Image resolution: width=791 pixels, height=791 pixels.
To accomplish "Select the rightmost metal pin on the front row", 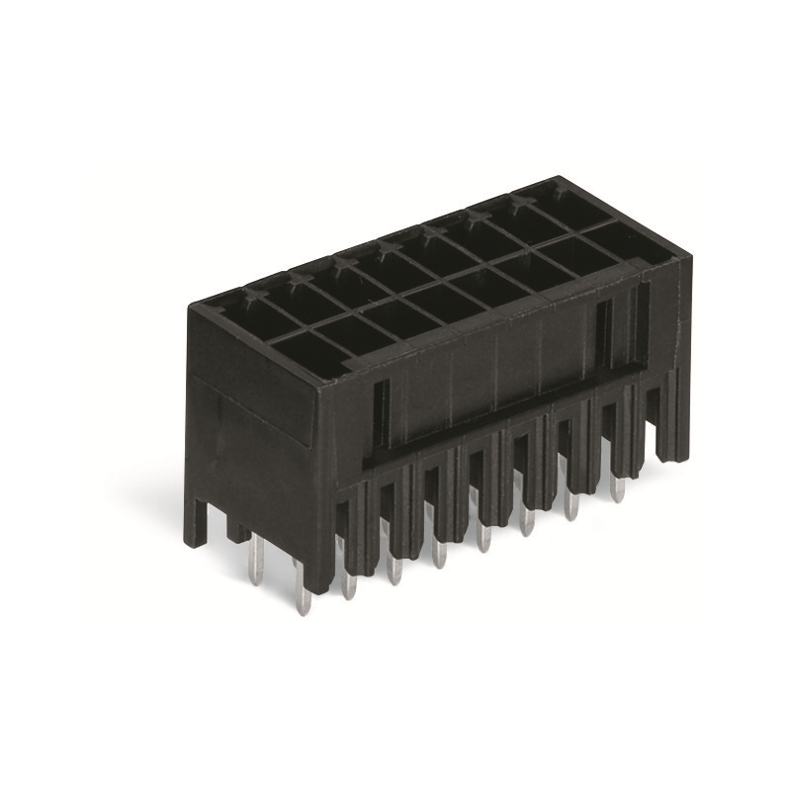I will point(618,483).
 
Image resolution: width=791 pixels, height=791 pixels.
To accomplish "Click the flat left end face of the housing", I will point(251,435).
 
